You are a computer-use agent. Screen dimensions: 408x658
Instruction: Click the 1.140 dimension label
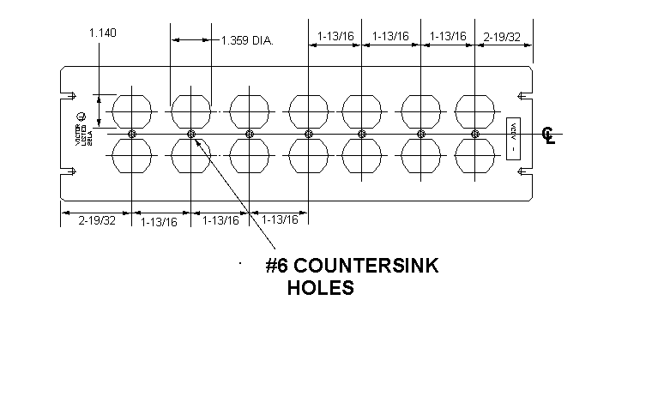click(102, 33)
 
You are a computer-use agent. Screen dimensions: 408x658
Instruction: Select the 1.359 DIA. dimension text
click(246, 40)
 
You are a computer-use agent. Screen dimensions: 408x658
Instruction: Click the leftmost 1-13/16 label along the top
click(335, 36)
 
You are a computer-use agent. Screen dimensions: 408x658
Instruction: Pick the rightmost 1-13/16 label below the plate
click(280, 220)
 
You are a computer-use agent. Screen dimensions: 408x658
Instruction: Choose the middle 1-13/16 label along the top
click(390, 36)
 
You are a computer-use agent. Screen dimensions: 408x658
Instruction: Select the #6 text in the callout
click(280, 267)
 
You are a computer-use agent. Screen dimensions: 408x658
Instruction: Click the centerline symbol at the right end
click(549, 135)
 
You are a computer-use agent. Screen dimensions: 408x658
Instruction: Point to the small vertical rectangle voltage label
click(514, 136)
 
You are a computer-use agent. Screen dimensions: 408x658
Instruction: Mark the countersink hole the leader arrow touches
click(191, 134)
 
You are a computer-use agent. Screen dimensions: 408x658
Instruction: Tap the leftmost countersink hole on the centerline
click(131, 134)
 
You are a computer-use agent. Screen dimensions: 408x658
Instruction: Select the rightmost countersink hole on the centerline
click(475, 134)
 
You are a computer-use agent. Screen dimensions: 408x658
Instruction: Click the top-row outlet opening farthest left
click(131, 110)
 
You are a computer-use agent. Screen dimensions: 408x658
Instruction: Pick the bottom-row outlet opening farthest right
click(475, 158)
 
